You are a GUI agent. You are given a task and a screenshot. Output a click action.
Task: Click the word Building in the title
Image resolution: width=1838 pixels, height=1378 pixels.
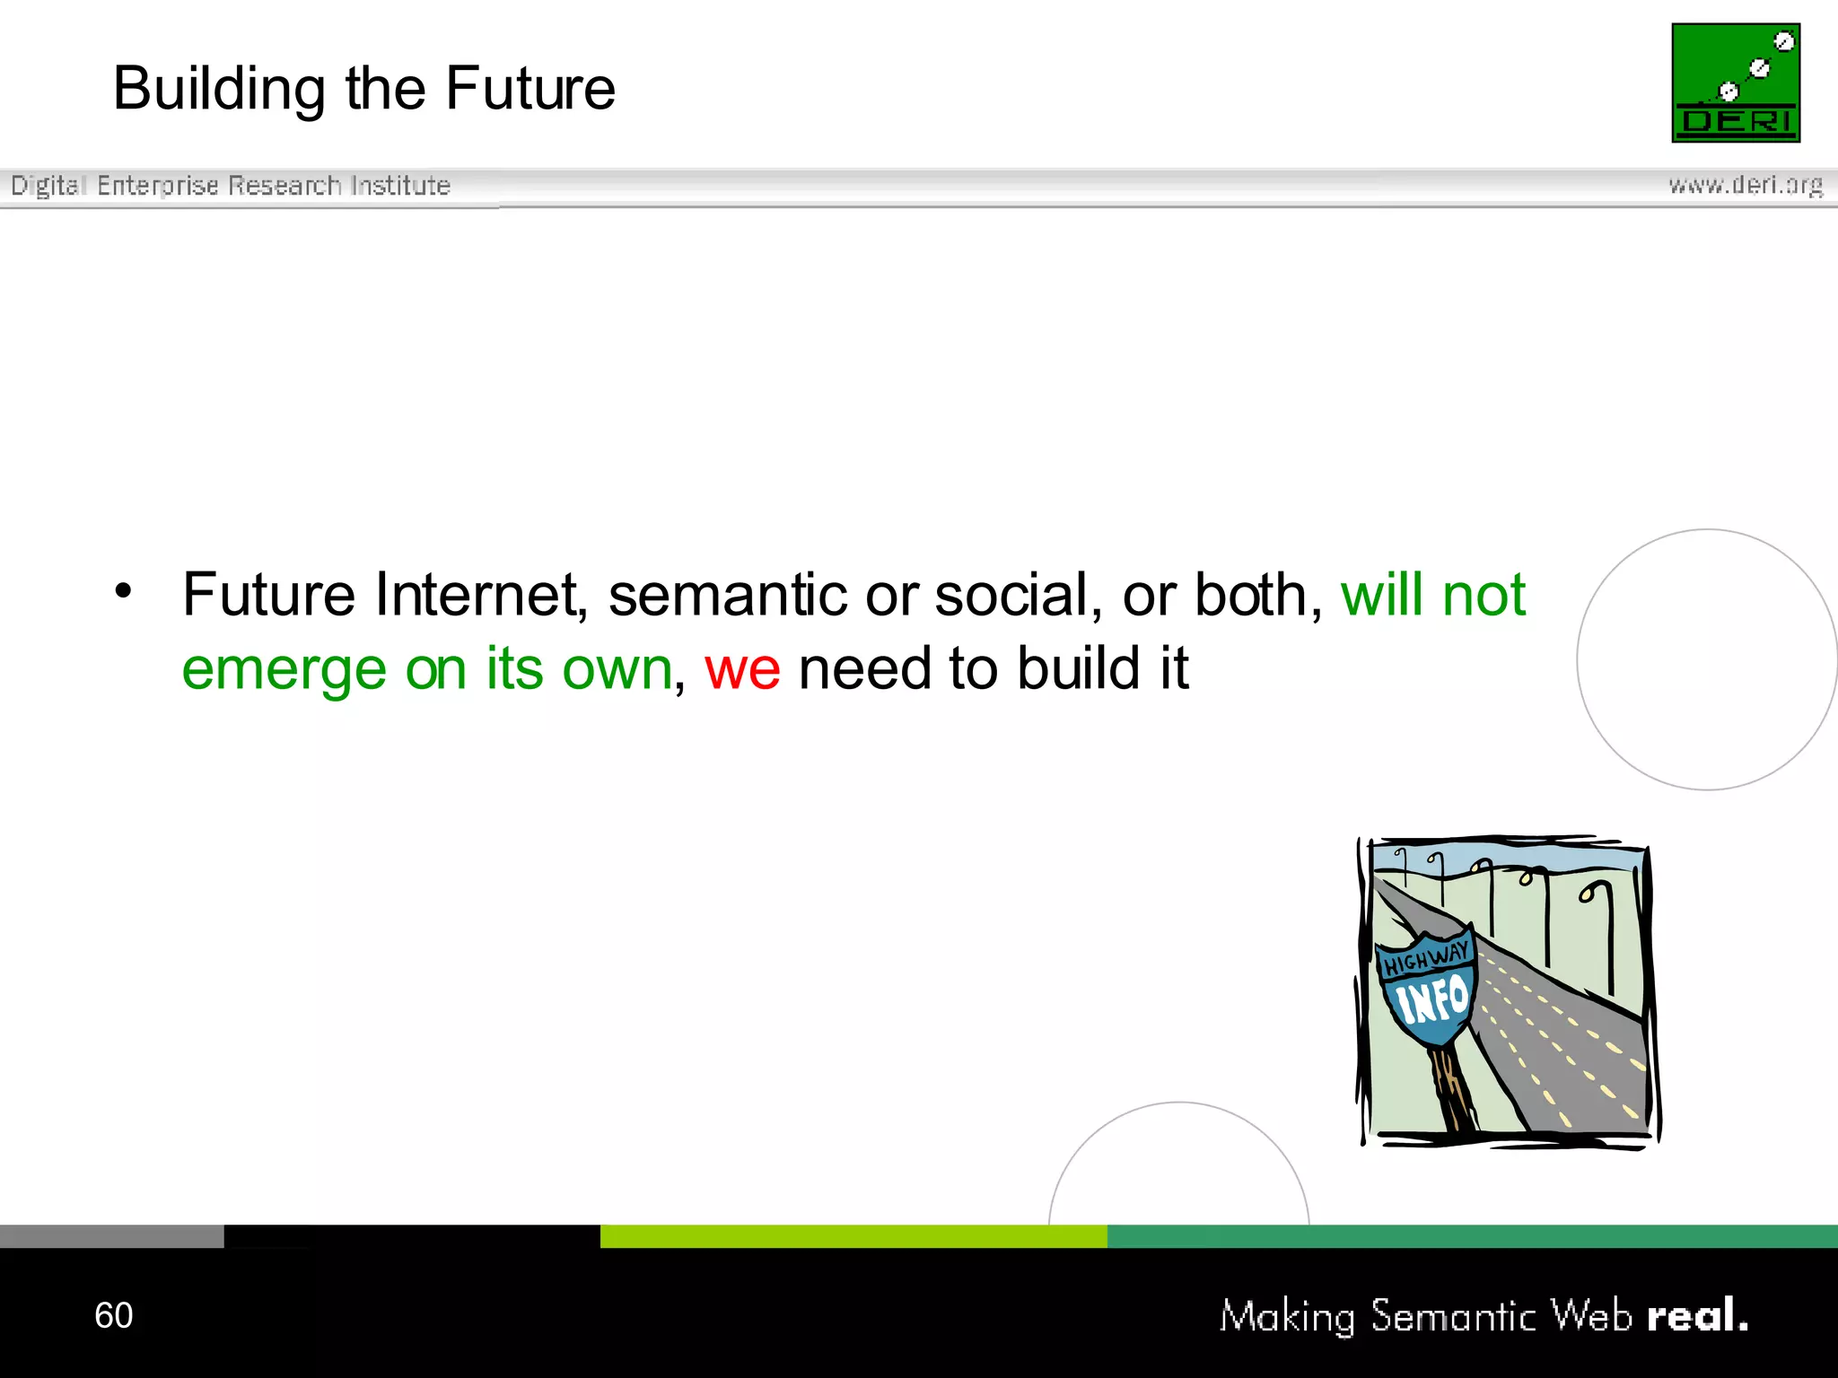pyautogui.click(x=219, y=90)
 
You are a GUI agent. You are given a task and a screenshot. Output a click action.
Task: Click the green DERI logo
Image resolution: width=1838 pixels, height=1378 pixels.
pyautogui.click(x=1736, y=83)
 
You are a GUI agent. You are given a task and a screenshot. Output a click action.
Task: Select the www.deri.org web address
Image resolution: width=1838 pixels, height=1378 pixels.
pyautogui.click(x=1746, y=185)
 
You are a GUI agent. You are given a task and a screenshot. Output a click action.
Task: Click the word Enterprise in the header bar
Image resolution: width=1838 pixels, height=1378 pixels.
pyautogui.click(x=158, y=186)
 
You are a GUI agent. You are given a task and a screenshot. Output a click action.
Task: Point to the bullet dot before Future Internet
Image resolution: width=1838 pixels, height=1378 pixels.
pyautogui.click(x=124, y=590)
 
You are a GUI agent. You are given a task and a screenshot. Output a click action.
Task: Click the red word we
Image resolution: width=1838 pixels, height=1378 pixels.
pyautogui.click(x=742, y=670)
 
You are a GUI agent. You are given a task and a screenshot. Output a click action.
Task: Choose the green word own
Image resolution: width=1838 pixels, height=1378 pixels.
pyautogui.click(x=617, y=670)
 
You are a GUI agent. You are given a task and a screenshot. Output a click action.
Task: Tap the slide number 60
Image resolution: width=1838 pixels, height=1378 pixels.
pyautogui.click(x=114, y=1315)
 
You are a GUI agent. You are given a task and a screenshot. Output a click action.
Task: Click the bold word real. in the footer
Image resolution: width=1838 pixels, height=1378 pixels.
pyautogui.click(x=1697, y=1315)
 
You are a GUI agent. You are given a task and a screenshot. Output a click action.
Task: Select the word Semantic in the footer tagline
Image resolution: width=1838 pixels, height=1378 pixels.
pyautogui.click(x=1454, y=1316)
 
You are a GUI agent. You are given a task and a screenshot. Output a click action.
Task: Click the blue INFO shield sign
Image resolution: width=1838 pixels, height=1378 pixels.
pyautogui.click(x=1429, y=998)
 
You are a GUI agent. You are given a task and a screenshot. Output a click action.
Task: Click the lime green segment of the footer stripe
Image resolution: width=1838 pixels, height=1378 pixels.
pyautogui.click(x=853, y=1236)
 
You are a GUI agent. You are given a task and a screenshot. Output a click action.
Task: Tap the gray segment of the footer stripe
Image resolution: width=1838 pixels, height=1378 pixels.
pyautogui.click(x=111, y=1236)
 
